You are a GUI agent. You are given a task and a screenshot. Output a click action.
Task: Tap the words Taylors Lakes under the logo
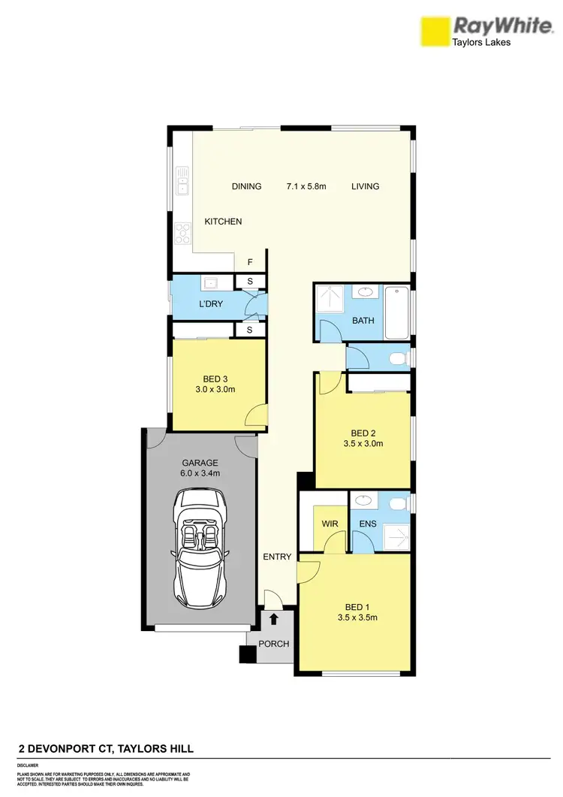480,43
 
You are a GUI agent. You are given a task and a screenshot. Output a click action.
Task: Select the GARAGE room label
200,463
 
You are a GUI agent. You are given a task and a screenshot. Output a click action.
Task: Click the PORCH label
274,644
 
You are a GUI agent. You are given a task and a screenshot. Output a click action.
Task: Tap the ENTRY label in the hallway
276,557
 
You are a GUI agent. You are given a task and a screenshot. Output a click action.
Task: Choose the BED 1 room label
357,606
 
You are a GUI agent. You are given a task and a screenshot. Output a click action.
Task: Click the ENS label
367,524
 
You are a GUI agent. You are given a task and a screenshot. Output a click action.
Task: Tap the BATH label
363,321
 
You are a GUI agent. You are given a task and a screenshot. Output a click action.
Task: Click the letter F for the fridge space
250,262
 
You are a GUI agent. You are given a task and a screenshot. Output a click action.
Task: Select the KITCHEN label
224,222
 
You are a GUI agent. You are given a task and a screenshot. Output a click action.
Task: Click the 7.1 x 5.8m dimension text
306,186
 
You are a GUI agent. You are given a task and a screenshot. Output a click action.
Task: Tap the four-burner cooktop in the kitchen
182,233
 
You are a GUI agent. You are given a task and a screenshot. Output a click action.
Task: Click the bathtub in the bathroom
396,312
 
